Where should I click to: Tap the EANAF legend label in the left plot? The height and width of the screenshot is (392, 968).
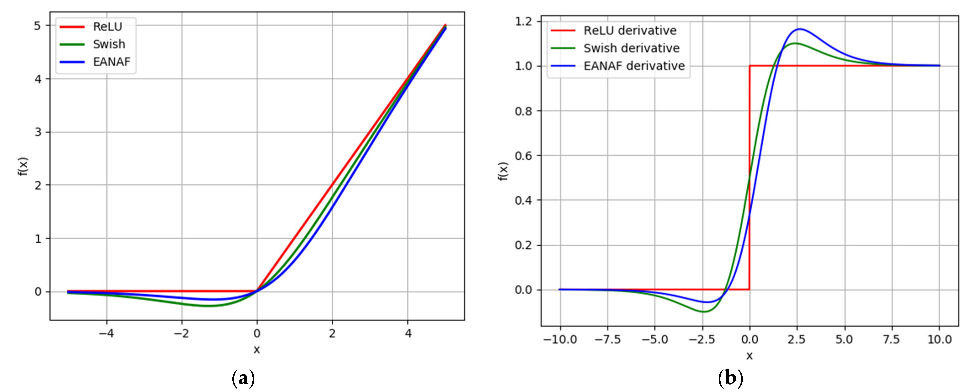[112, 62]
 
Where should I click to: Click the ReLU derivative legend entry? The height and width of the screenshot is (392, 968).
[630, 30]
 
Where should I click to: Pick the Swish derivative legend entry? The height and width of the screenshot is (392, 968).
[631, 48]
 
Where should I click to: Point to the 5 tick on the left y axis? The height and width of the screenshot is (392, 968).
[38, 25]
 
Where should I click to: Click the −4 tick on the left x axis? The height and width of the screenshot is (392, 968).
[106, 333]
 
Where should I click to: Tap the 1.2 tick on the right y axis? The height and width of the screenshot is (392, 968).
[523, 21]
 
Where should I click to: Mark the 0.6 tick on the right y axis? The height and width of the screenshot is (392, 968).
[523, 155]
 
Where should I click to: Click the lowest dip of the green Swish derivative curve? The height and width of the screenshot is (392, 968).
[704, 312]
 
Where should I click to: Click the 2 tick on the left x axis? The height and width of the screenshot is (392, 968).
[332, 333]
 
